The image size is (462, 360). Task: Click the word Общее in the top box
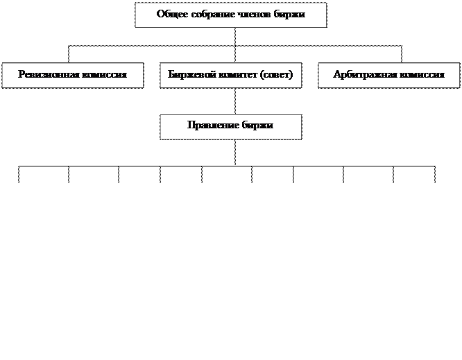pyautogui.click(x=171, y=14)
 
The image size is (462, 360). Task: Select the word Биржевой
pyautogui.click(x=189, y=74)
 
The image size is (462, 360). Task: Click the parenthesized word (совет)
pyautogui.click(x=276, y=74)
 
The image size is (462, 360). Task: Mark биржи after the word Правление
pyautogui.click(x=258, y=126)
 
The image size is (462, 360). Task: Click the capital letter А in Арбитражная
pyautogui.click(x=336, y=74)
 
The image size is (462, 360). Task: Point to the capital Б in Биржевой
pyautogui.click(x=171, y=74)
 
